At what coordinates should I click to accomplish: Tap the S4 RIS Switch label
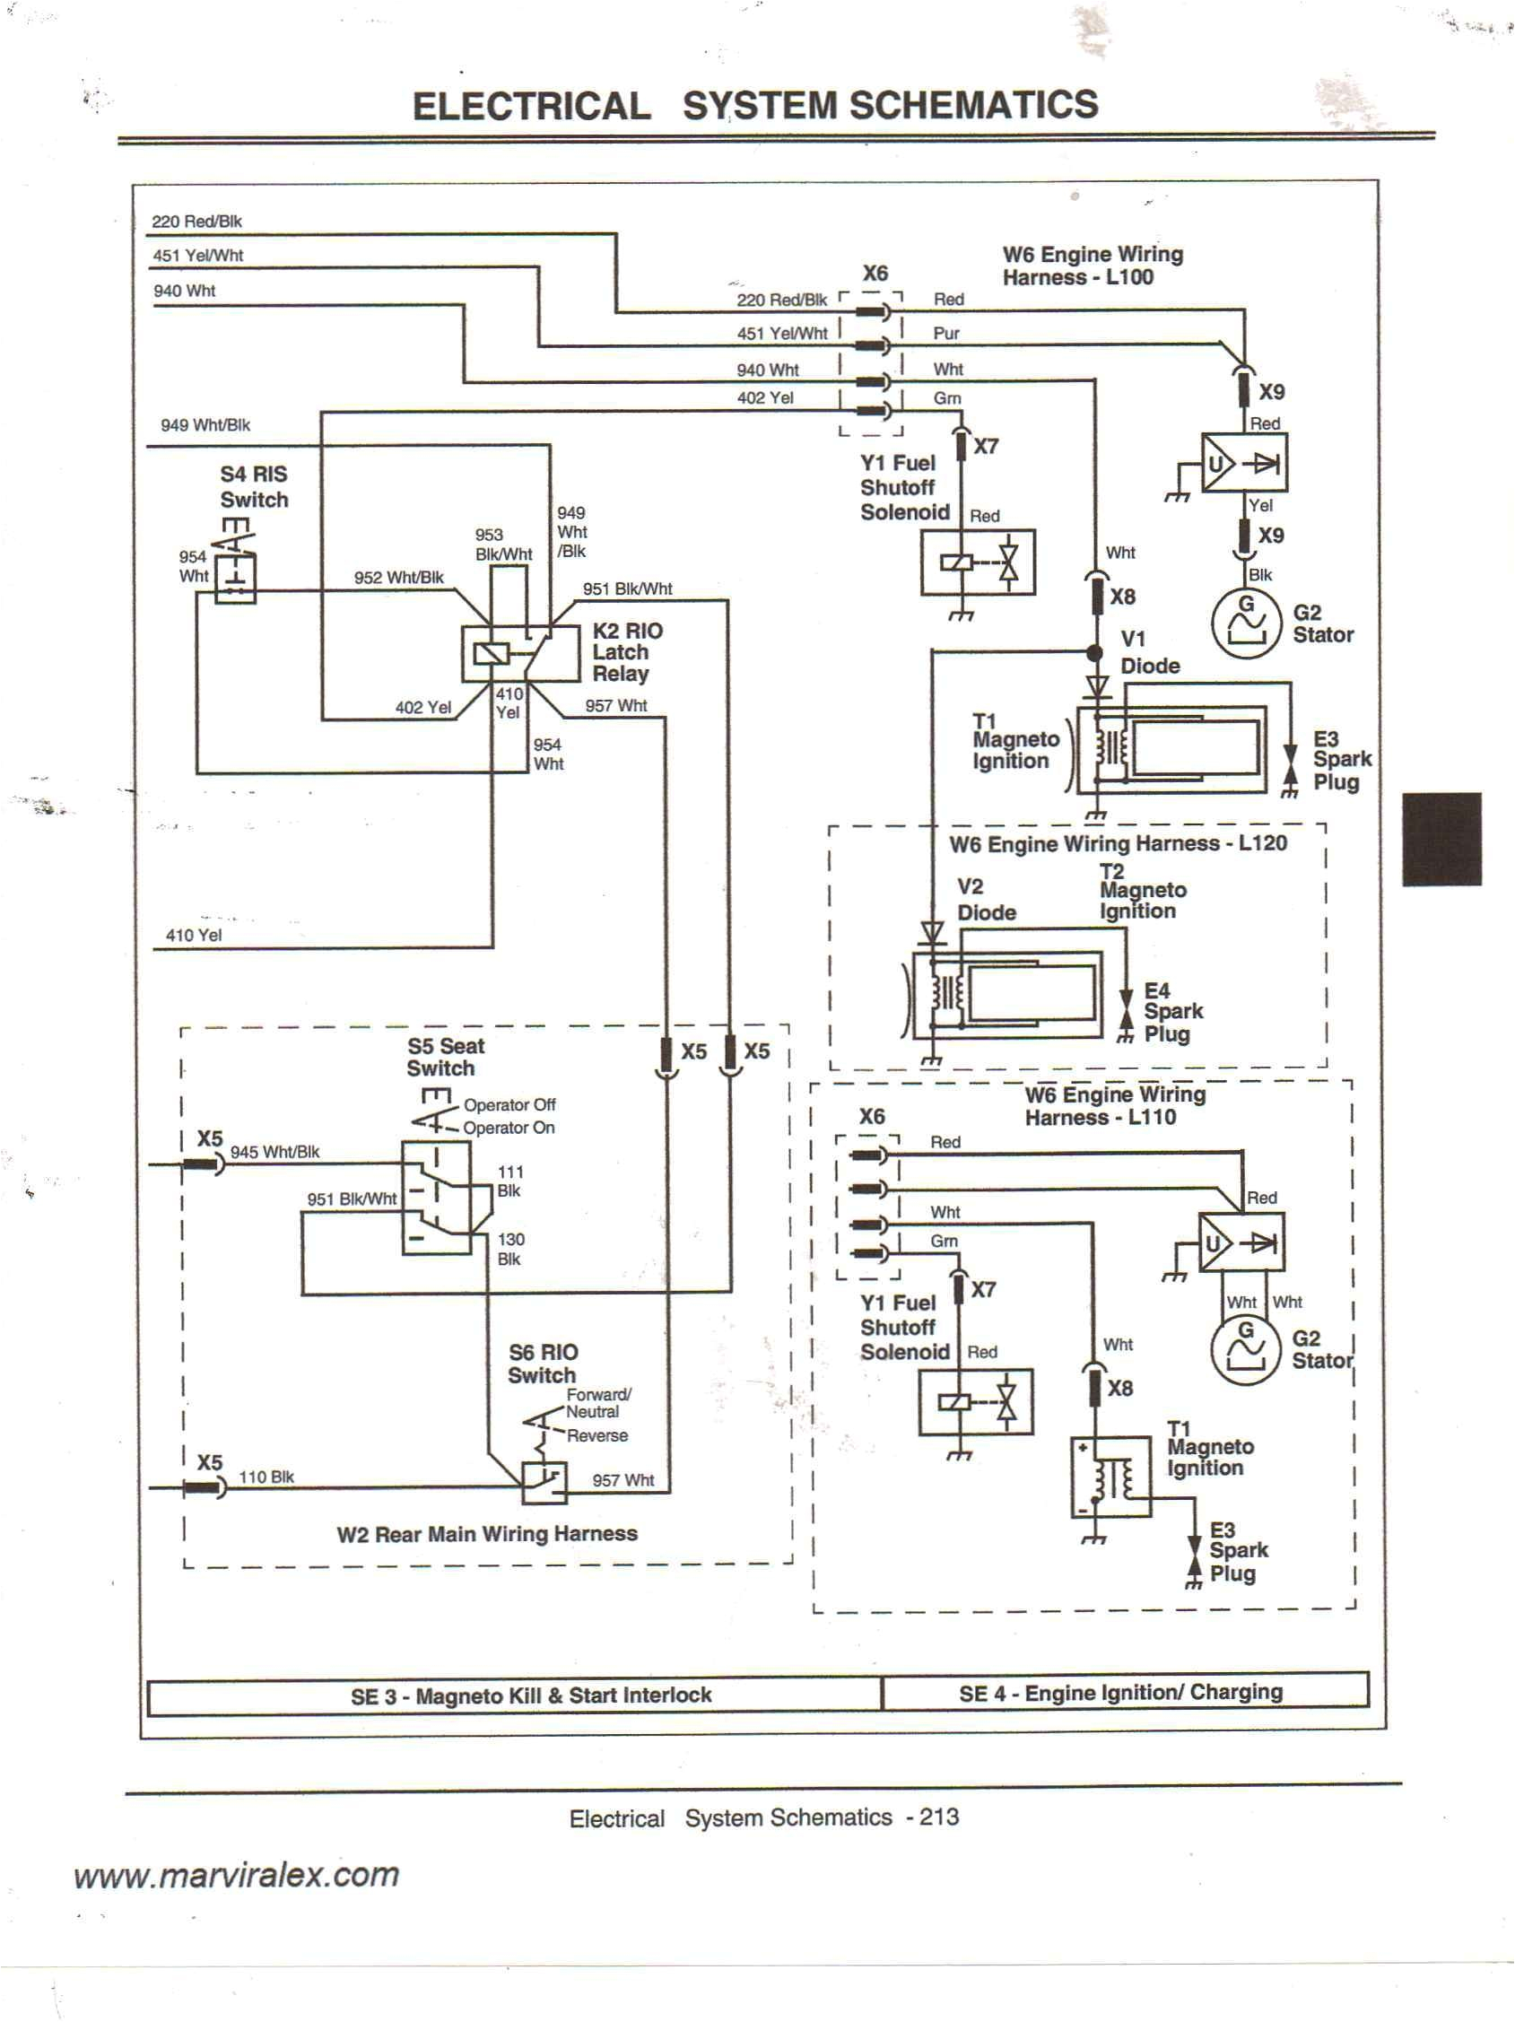coord(253,486)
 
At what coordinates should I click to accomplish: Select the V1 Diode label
coord(1149,652)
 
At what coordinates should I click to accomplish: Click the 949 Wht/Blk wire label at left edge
coord(205,425)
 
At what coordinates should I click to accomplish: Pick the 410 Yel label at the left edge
coord(193,935)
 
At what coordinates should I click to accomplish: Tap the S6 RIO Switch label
coord(543,1363)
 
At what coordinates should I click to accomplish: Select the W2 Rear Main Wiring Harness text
coord(487,1534)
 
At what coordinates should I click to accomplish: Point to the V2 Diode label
coord(985,900)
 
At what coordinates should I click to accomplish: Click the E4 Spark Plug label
coord(1171,1012)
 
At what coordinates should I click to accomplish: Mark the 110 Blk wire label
coord(266,1477)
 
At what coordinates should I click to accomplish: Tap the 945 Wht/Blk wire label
coord(274,1152)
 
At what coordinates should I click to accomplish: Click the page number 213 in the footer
coord(939,1817)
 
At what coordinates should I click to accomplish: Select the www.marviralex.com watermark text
coord(237,1875)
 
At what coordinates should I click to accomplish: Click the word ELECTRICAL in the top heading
coord(531,106)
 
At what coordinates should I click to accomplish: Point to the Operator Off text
coord(509,1104)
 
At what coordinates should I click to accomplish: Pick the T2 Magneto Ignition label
coord(1141,892)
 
